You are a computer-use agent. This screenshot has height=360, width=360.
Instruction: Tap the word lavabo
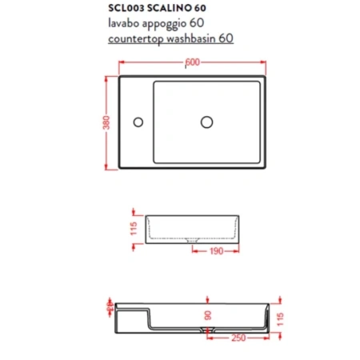122,23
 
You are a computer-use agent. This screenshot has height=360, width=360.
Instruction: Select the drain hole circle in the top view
206,122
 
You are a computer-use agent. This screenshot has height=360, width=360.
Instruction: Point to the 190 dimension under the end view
214,250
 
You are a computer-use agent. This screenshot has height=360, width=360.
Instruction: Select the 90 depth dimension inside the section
207,316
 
